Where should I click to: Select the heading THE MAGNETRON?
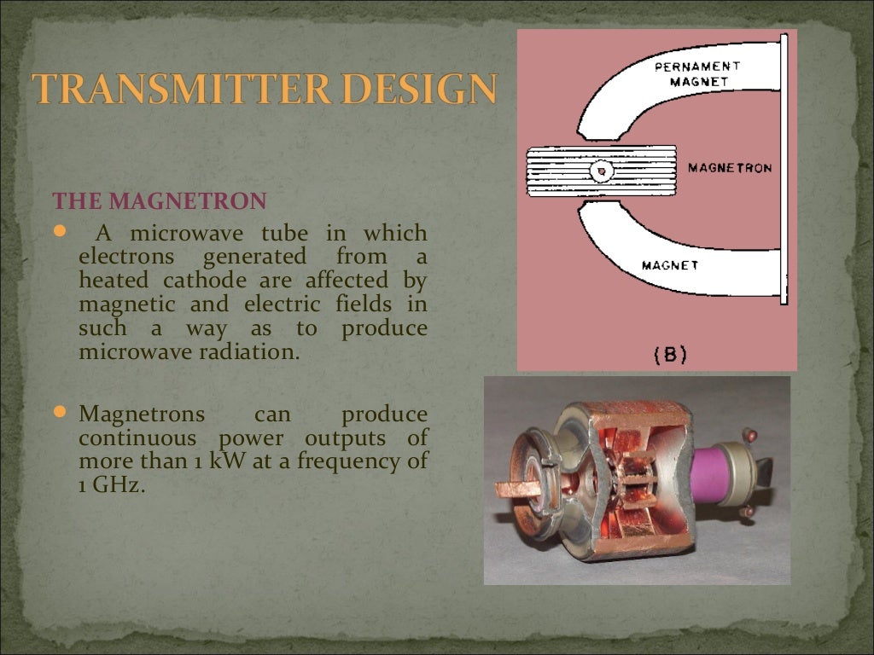160,202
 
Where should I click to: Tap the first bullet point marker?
59,231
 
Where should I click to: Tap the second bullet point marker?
59,413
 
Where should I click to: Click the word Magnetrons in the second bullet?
142,414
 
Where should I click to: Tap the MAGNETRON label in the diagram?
729,168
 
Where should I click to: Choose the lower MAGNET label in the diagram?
671,265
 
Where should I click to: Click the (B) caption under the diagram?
670,356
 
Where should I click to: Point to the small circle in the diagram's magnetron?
602,171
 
